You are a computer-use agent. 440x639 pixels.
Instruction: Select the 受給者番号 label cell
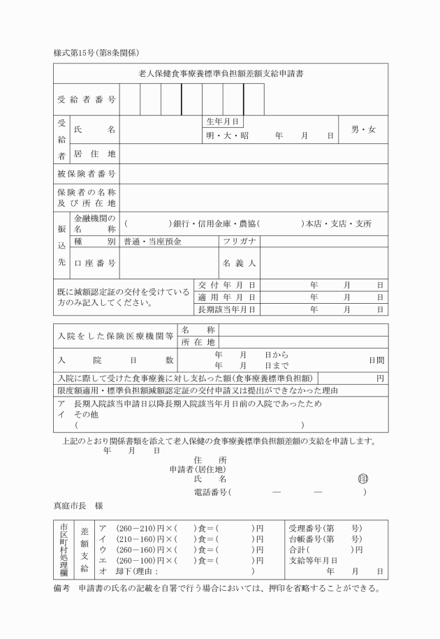click(87, 100)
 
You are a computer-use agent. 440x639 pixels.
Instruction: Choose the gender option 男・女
click(363, 130)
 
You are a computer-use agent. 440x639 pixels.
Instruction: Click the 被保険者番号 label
click(87, 173)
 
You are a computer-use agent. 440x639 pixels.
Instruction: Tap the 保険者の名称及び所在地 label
click(87, 197)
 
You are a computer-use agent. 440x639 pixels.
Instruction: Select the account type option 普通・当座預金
click(152, 242)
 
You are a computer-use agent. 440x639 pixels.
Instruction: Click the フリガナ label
click(240, 242)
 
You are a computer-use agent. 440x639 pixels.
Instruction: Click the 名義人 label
click(240, 263)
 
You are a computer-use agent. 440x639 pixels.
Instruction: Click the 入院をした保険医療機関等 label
click(115, 336)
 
